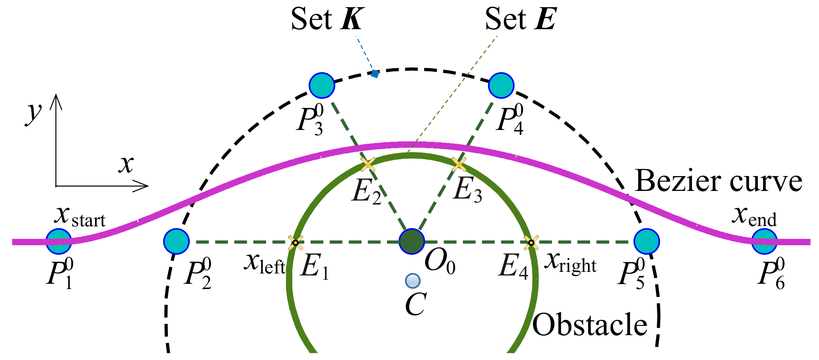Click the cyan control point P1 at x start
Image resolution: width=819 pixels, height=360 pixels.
(x=59, y=241)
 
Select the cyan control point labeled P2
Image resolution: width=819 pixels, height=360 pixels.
(x=176, y=241)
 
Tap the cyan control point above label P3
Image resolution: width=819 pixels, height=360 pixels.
(x=322, y=86)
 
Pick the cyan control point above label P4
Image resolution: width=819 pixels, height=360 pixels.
(x=501, y=86)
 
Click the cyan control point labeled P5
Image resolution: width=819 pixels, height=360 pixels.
(x=646, y=241)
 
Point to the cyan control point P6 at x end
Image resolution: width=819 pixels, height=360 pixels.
(x=764, y=241)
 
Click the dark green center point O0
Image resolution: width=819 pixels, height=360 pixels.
(x=411, y=241)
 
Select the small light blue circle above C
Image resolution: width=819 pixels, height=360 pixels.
(x=412, y=281)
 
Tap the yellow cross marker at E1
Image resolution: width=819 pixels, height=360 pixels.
(x=295, y=243)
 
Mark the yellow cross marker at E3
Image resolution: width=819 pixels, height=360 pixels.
(x=459, y=164)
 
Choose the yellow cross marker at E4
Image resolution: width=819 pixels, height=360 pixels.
(x=531, y=243)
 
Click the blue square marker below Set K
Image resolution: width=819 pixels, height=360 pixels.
(x=375, y=74)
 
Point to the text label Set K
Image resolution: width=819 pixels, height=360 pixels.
(x=328, y=19)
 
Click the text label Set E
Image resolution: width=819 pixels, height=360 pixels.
(x=521, y=19)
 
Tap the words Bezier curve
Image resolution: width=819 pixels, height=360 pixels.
(x=718, y=181)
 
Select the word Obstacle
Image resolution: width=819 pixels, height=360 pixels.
(x=590, y=325)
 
